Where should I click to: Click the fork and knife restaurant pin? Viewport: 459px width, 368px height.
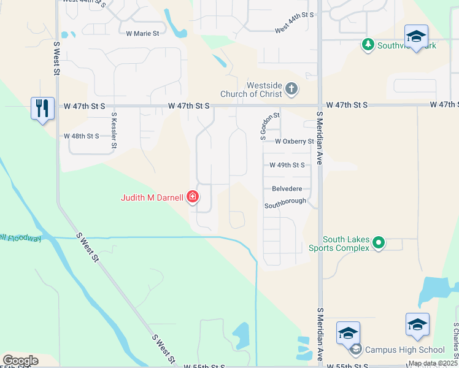[x=42, y=109]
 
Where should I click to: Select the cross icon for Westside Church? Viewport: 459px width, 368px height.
[x=291, y=90]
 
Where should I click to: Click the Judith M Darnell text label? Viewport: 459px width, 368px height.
[x=152, y=197]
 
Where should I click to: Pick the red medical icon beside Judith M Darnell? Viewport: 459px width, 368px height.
[x=193, y=197]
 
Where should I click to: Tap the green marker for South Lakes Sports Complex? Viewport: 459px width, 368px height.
[x=379, y=243]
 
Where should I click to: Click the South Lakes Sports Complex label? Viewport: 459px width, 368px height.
[x=346, y=243]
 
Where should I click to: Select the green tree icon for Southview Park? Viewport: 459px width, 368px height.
[x=368, y=44]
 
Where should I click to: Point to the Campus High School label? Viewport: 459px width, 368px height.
[x=404, y=350]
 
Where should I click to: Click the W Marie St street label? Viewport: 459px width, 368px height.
[x=142, y=34]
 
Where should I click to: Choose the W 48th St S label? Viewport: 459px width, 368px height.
[x=82, y=136]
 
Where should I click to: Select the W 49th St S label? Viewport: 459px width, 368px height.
[x=287, y=165]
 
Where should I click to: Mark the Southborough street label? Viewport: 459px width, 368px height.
[x=285, y=202]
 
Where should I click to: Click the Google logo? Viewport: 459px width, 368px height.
[x=20, y=360]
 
